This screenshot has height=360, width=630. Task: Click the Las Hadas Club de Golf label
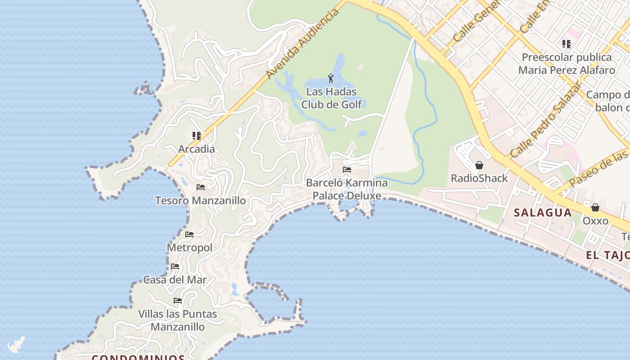(331, 98)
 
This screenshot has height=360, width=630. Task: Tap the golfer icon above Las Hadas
(331, 78)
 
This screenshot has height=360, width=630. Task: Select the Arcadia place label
(196, 149)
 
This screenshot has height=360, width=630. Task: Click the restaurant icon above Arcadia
(196, 135)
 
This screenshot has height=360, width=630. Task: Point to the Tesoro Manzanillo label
(200, 200)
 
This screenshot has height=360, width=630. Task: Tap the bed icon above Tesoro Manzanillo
(201, 187)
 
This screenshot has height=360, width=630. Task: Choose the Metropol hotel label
(189, 247)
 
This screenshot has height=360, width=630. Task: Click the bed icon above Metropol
(189, 234)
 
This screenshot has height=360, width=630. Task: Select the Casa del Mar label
(175, 279)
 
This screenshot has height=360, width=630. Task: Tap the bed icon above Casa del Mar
(175, 266)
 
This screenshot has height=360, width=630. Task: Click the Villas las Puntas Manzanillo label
(178, 320)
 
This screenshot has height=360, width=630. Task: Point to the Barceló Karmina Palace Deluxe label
(346, 189)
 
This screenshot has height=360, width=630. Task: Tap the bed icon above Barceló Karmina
(347, 170)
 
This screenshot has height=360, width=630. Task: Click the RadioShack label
(479, 178)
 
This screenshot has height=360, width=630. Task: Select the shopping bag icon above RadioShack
(479, 165)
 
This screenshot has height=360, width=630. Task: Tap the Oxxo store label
(595, 220)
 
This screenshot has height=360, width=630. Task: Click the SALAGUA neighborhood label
(543, 212)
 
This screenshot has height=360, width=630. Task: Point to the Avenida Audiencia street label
(302, 43)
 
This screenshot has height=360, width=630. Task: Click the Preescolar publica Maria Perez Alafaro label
(567, 63)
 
